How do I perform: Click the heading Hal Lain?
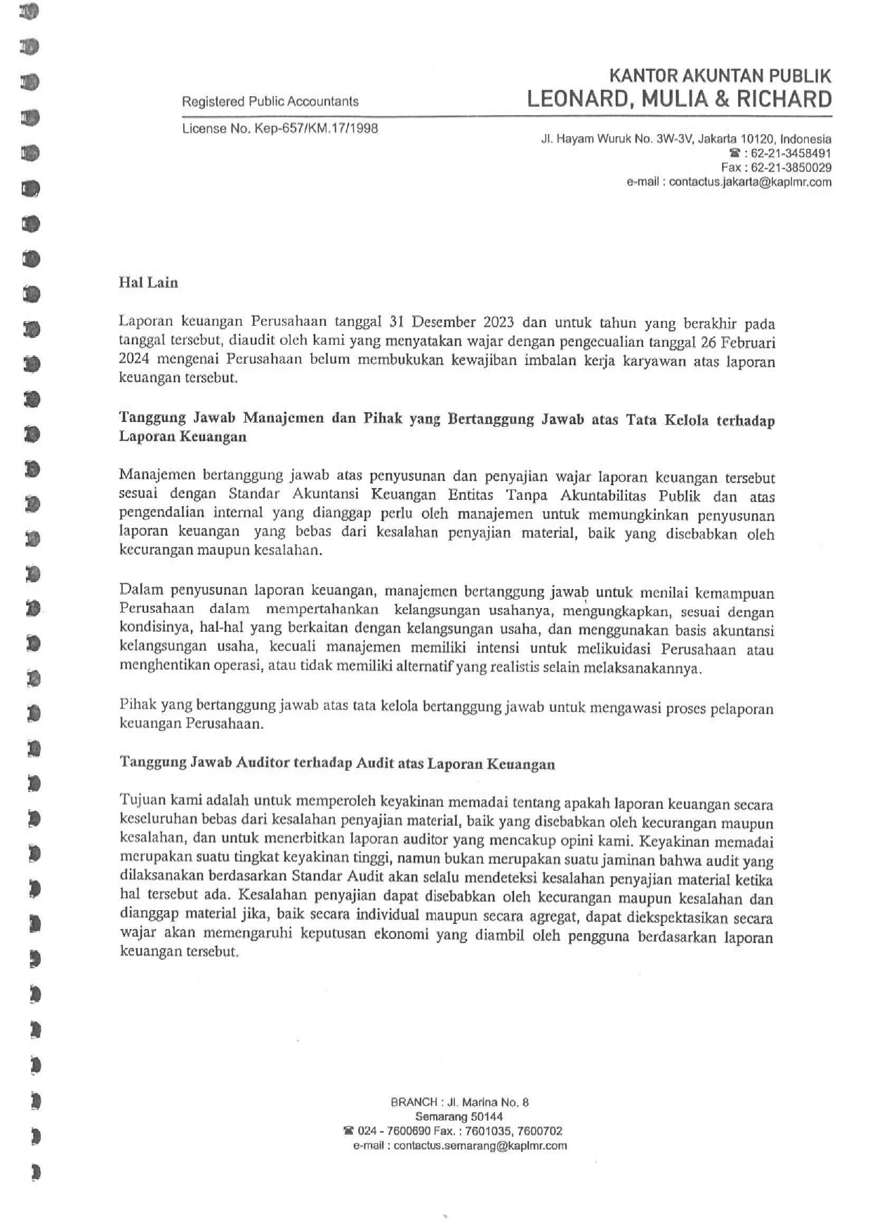pos(148,283)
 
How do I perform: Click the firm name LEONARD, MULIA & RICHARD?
pos(679,99)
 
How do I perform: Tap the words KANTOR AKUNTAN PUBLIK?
pos(720,76)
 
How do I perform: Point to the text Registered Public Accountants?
pos(270,102)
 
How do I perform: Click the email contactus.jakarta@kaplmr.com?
pos(750,182)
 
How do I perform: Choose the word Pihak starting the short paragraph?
pos(138,705)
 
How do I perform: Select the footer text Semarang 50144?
pos(459,1116)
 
